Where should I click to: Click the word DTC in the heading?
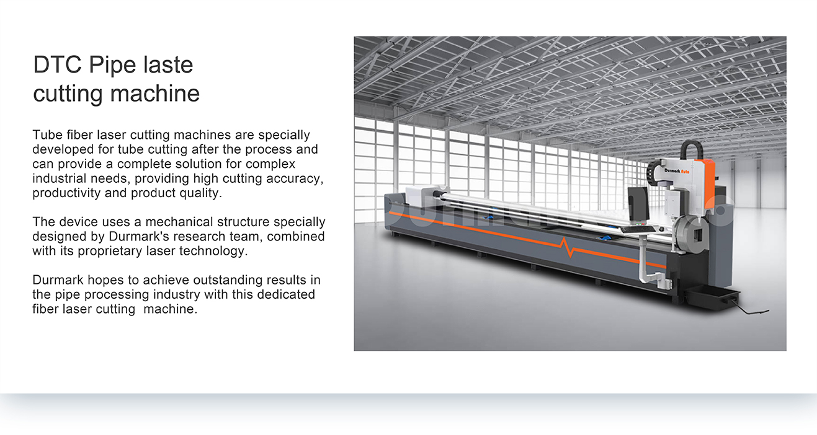[x=57, y=65]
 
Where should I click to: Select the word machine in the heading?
[x=155, y=94]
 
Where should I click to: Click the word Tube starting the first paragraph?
[x=47, y=135]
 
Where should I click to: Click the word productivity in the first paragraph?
[x=66, y=193]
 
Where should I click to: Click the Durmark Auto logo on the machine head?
[x=677, y=171]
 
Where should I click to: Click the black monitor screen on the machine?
[x=638, y=204]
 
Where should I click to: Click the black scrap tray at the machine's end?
[x=711, y=297]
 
